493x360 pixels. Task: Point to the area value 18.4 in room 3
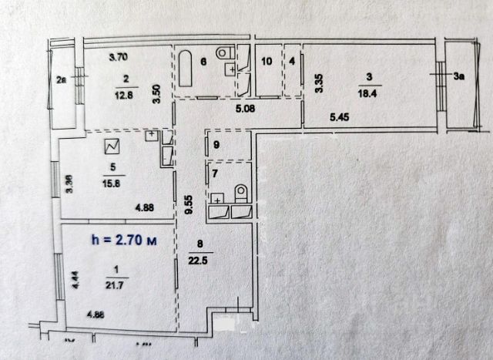(370, 91)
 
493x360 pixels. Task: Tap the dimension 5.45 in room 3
(340, 117)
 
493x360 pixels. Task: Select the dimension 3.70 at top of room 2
(117, 57)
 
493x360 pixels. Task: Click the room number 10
(267, 61)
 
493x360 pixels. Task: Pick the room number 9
(216, 144)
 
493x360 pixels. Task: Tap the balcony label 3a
(459, 76)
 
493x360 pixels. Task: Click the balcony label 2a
(62, 77)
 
